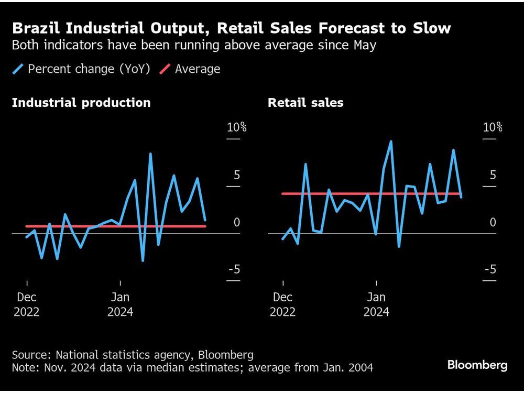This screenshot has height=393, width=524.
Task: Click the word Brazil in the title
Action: pyautogui.click(x=32, y=28)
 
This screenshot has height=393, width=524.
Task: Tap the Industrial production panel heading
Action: pyautogui.click(x=81, y=103)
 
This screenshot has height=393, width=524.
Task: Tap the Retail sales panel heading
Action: pyautogui.click(x=305, y=103)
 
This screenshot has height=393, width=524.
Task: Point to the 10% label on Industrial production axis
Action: pyautogui.click(x=236, y=127)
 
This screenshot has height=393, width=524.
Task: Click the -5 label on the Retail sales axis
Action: pyautogui.click(x=490, y=269)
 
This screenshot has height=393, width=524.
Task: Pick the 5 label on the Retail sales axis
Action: pyautogui.click(x=493, y=174)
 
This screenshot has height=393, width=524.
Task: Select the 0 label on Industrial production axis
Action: pyautogui.click(x=237, y=222)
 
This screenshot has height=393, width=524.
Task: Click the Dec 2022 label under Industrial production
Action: pyautogui.click(x=27, y=304)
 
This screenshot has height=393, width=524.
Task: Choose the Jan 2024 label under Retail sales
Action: pyautogui.click(x=376, y=304)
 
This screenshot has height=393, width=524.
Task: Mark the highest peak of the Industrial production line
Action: pyautogui.click(x=150, y=154)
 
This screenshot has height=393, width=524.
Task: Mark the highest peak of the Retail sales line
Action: pyautogui.click(x=391, y=141)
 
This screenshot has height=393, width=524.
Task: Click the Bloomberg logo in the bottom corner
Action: pyautogui.click(x=477, y=365)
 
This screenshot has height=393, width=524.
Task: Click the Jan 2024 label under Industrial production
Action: pyautogui.click(x=121, y=304)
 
